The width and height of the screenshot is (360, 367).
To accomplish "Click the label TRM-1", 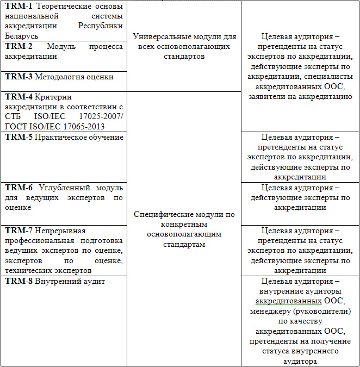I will (x=18, y=7).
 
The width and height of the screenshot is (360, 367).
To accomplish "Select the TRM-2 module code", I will (x=18, y=46).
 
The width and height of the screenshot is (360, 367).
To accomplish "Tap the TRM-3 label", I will (x=18, y=77).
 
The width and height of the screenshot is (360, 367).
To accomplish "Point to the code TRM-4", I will (x=18, y=97).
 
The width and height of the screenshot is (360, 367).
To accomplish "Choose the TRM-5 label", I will (x=18, y=137).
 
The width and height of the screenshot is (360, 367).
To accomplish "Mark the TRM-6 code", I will (x=18, y=188).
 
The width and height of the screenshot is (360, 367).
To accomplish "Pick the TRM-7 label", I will (x=18, y=231).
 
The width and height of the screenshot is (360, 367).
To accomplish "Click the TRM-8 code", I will (x=18, y=281).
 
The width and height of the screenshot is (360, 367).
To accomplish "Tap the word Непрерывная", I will (x=60, y=231).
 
